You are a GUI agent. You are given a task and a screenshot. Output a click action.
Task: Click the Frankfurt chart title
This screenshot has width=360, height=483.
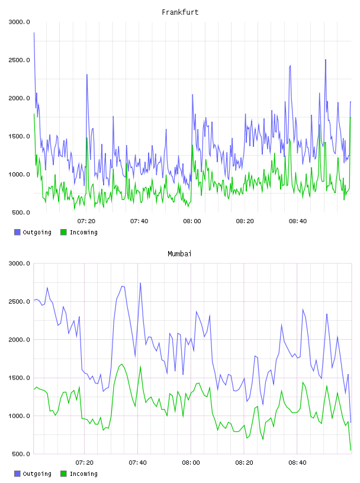(x=180, y=12)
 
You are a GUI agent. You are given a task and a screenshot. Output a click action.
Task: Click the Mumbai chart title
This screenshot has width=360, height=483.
(x=179, y=254)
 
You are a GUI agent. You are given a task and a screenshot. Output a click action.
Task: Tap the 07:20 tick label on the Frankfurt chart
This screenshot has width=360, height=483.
(x=86, y=221)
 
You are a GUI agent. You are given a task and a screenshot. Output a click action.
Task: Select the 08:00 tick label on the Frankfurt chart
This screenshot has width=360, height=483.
(x=192, y=221)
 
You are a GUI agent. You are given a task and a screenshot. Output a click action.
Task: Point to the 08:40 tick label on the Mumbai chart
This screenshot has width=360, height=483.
(x=297, y=463)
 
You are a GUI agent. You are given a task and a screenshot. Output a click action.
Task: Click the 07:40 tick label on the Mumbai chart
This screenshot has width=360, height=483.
(x=138, y=463)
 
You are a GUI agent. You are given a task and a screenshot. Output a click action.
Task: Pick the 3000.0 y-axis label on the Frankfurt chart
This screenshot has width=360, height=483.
(x=19, y=22)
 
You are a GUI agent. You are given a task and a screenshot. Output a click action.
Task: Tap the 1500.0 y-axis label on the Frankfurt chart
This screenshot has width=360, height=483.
(x=19, y=137)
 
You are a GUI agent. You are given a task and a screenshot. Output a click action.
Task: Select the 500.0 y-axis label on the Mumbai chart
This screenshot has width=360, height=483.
(x=21, y=454)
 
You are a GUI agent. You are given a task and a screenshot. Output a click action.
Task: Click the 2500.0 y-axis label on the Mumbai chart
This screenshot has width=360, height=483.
(x=19, y=301)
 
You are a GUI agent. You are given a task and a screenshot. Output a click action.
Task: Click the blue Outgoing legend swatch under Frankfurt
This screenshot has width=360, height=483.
(x=17, y=232)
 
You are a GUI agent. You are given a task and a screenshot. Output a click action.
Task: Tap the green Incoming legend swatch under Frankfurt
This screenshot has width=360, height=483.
(x=63, y=232)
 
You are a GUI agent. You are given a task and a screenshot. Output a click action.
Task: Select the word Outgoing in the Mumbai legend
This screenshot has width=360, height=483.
(x=37, y=474)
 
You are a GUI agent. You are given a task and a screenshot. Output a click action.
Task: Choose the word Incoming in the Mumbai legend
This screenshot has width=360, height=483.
(x=83, y=474)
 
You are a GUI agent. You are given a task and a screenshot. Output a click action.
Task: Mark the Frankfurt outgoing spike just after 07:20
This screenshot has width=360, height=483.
(x=87, y=74)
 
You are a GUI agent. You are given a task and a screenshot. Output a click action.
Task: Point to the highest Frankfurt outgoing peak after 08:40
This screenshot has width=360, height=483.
(x=326, y=59)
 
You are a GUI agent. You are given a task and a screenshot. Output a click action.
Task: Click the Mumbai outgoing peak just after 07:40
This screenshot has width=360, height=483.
(x=140, y=283)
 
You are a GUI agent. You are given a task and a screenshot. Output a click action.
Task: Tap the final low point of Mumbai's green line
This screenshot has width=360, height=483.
(x=351, y=450)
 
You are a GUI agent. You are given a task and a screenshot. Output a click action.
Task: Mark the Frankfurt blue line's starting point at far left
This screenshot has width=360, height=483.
(x=34, y=33)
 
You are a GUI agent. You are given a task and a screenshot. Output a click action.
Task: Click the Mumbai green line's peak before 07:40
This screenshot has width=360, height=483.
(x=122, y=364)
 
